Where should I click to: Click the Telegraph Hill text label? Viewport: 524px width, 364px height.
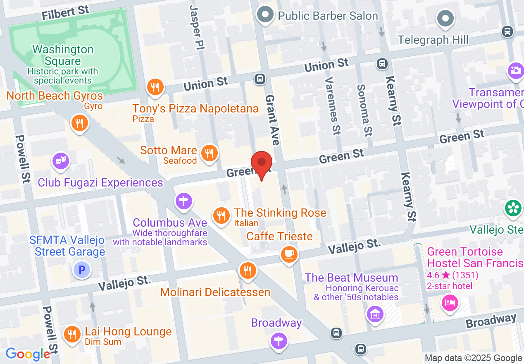tap(433, 40)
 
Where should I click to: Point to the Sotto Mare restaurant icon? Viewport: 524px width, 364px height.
tap(209, 153)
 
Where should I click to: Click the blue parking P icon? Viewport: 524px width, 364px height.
tap(81, 271)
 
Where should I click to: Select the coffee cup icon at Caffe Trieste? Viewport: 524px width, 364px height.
tap(289, 253)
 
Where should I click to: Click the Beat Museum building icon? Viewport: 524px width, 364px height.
tap(375, 314)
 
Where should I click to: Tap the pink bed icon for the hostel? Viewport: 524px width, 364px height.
tap(450, 303)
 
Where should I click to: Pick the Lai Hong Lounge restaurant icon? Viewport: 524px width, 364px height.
tap(73, 334)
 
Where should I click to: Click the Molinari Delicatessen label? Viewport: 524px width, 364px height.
tap(215, 292)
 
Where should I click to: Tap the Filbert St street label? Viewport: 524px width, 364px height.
tap(66, 12)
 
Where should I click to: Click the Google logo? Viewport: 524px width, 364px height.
tap(28, 354)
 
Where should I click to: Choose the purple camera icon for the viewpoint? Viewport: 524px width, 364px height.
tap(515, 71)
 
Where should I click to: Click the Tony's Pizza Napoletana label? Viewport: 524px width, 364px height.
tap(195, 109)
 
